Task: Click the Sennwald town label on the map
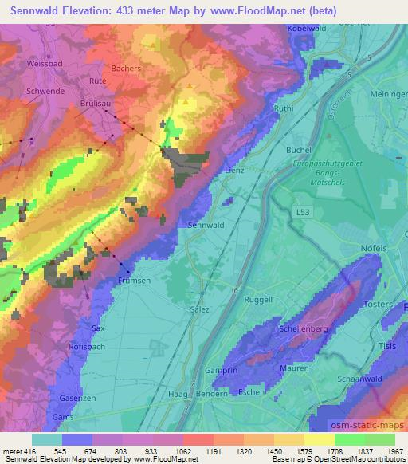click(x=205, y=226)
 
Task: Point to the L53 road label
click(x=303, y=213)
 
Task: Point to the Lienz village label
click(x=233, y=171)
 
